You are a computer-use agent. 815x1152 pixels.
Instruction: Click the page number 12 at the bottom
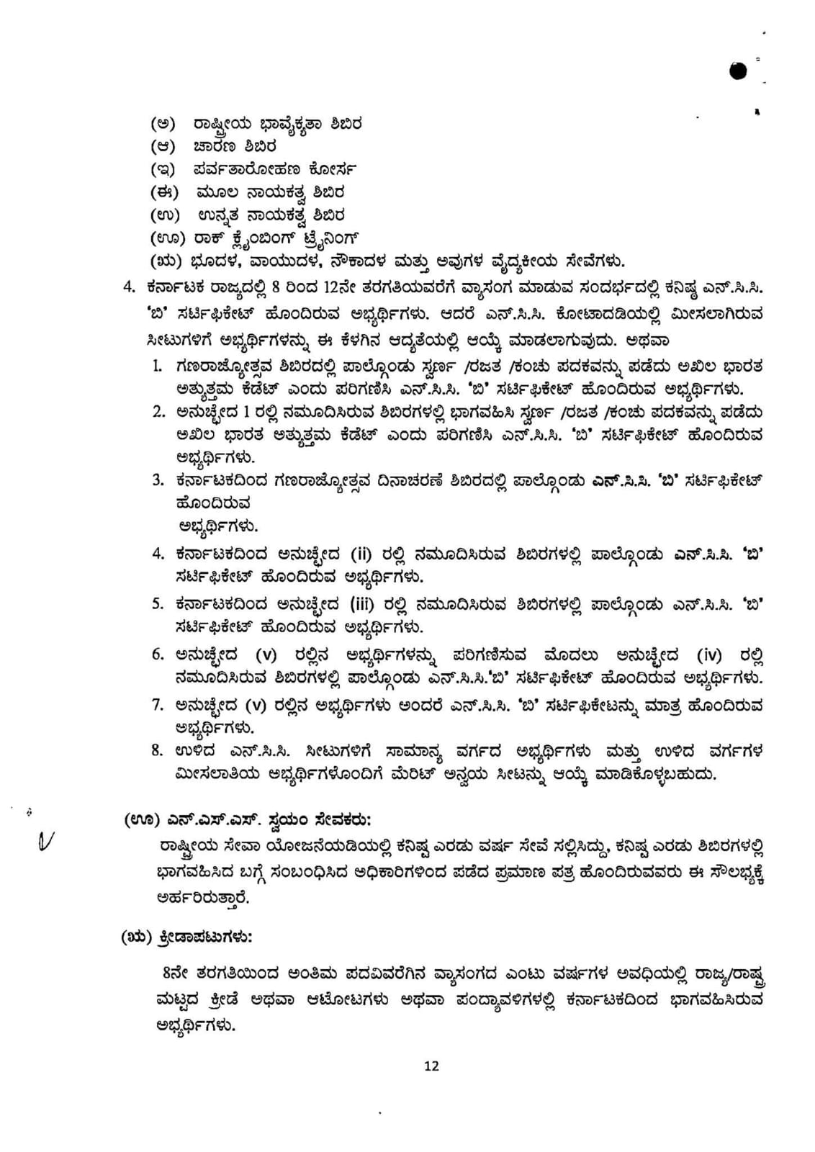[x=431, y=1066]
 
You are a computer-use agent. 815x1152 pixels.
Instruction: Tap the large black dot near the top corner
[x=738, y=71]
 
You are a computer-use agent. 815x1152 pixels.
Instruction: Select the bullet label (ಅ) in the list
[x=163, y=124]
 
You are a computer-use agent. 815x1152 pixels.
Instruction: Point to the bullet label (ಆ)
[x=163, y=147]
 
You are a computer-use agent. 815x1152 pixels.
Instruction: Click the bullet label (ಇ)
[x=163, y=170]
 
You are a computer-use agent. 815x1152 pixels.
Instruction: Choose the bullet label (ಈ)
[x=163, y=192]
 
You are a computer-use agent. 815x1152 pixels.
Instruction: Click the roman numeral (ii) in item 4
[x=361, y=554]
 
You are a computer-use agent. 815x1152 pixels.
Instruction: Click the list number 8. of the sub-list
[x=158, y=751]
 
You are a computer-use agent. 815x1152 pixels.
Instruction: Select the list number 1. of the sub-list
[x=158, y=366]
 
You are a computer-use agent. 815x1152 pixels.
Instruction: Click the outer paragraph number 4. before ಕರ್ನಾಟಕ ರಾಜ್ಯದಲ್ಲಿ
[x=129, y=287]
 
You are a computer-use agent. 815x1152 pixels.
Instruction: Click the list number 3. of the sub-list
[x=158, y=480]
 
